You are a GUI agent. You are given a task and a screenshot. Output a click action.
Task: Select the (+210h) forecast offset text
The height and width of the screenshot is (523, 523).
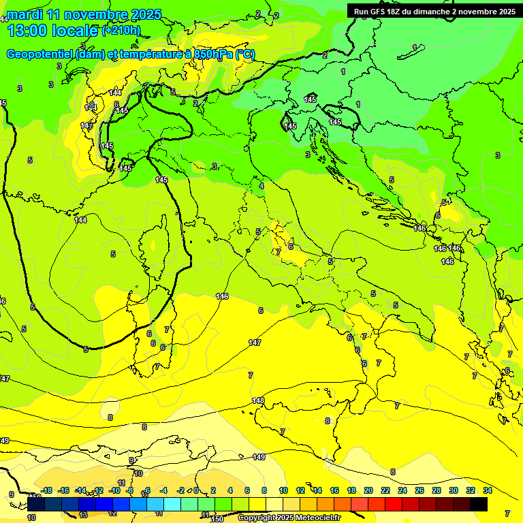point(121,30)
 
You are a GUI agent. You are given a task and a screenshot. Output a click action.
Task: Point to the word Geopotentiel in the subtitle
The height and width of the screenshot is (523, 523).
point(40,54)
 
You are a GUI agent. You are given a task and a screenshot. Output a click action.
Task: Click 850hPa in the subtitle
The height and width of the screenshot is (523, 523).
point(213,54)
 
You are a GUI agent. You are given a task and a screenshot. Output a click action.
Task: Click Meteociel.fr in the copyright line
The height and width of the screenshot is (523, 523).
point(318,518)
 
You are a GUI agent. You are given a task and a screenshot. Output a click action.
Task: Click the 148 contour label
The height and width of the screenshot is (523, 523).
point(258,400)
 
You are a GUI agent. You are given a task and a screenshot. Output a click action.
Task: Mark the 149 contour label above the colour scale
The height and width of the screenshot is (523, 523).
point(259,457)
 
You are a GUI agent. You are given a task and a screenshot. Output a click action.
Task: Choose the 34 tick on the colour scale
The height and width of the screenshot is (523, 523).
point(487,490)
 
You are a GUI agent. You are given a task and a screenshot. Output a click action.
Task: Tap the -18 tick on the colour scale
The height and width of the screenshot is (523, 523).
point(46,490)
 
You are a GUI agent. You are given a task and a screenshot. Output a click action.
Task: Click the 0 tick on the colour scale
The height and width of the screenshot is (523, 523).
point(196,490)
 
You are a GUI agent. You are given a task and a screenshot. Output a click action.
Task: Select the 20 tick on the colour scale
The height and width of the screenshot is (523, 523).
point(368,490)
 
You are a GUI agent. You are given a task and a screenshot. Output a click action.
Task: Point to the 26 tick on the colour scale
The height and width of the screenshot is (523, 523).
point(419,490)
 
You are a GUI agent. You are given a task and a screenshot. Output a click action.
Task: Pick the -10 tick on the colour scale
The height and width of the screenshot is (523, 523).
point(114,490)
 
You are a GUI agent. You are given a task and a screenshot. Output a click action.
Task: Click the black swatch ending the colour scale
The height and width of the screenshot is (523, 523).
point(479,504)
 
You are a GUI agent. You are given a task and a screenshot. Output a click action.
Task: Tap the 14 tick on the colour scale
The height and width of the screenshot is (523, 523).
point(317,490)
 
